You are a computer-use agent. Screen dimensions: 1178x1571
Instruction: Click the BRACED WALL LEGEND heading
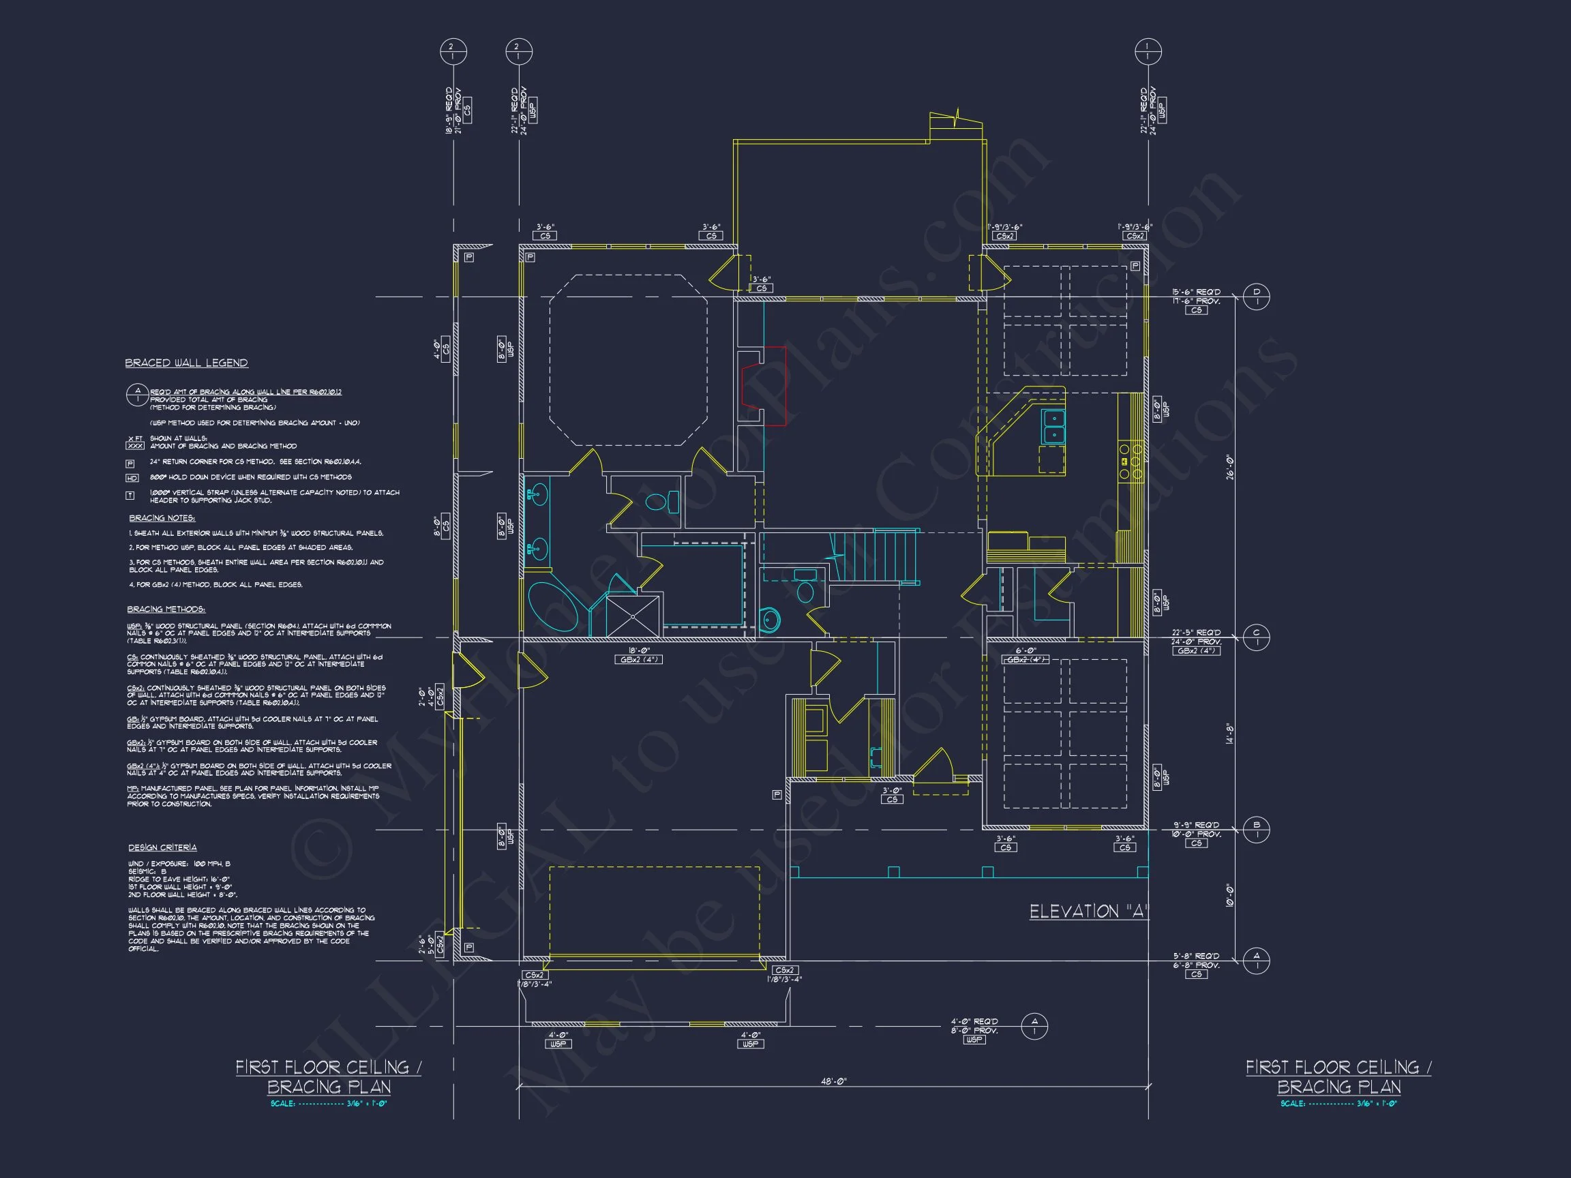point(186,363)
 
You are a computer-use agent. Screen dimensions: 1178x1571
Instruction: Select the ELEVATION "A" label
point(1089,911)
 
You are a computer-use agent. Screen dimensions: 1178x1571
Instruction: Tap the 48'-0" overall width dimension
point(835,1081)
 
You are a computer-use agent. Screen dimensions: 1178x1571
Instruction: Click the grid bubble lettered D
point(1257,297)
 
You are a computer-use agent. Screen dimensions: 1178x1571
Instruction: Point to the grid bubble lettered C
point(1257,637)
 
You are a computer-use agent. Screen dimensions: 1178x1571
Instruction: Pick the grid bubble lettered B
point(1257,829)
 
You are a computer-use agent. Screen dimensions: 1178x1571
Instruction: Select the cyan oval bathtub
point(553,607)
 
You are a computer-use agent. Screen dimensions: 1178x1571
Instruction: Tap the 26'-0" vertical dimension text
point(1229,466)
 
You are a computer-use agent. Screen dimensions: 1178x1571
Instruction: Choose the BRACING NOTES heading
point(162,518)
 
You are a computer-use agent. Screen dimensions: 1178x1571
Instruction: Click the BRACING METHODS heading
point(166,609)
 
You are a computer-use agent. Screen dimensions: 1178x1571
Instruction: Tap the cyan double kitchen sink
point(1053,426)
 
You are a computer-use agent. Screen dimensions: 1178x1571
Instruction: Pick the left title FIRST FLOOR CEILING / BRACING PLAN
point(328,1076)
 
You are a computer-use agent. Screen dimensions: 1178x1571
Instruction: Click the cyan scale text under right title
point(1338,1104)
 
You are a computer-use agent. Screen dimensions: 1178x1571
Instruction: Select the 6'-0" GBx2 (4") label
point(1026,654)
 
